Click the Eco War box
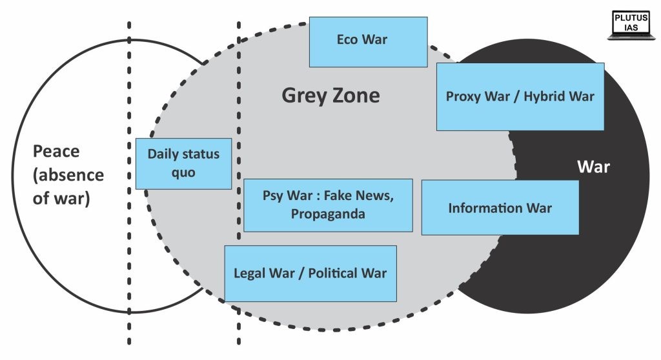point(369,42)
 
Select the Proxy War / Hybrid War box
point(520,97)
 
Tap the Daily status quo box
point(183,164)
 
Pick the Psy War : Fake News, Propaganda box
point(328,205)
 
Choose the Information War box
point(500,207)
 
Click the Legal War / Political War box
point(310,274)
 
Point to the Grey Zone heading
point(330,95)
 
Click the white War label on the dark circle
point(594,167)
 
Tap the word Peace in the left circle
point(56,152)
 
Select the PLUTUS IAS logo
point(631,25)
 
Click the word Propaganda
point(328,214)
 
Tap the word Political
point(333,273)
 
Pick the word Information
point(485,208)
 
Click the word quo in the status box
point(183,173)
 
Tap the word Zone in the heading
point(356,95)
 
